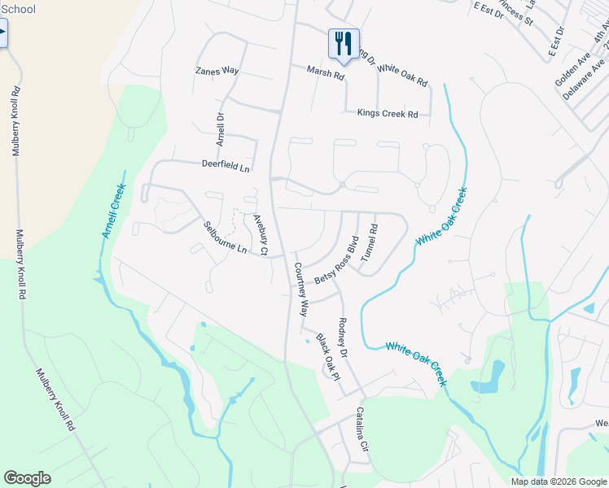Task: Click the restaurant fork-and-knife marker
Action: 344,42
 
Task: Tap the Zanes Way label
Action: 217,71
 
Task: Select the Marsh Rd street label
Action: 326,75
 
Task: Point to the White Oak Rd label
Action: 402,76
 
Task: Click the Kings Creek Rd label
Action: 388,114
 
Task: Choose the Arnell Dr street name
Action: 220,129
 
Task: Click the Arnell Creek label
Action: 114,211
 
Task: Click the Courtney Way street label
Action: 301,289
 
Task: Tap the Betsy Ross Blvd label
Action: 336,260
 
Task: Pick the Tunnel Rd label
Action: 370,242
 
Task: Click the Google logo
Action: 27,478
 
